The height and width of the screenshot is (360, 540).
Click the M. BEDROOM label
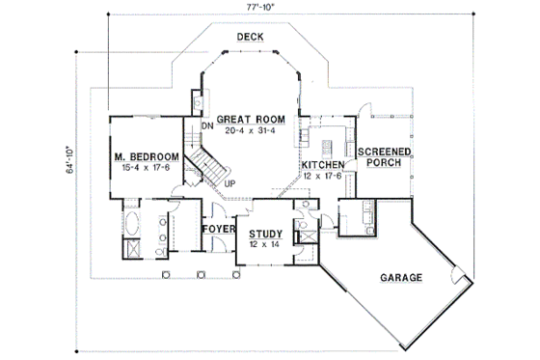[145, 157]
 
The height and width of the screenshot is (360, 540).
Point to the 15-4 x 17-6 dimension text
[145, 170]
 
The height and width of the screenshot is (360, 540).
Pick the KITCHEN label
[323, 165]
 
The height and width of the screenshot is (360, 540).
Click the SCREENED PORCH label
[385, 158]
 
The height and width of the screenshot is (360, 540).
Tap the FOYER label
[218, 228]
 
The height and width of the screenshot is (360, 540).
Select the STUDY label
[265, 234]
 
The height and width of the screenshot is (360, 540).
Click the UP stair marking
[229, 182]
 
